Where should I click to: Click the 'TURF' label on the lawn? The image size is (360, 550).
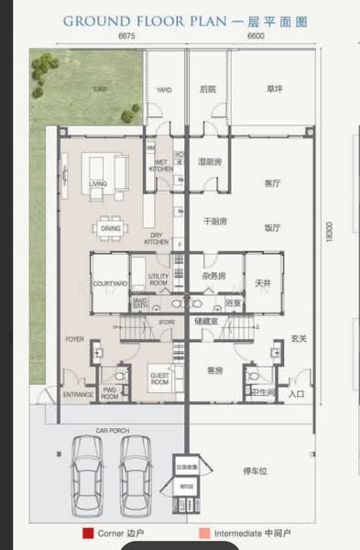point(98,90)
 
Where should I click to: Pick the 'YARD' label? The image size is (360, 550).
point(164,90)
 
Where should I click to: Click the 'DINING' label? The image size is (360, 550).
point(111,229)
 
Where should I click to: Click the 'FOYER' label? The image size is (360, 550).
point(75,338)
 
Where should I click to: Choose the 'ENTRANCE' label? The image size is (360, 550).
point(78,395)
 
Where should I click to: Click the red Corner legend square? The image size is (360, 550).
point(87,533)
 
